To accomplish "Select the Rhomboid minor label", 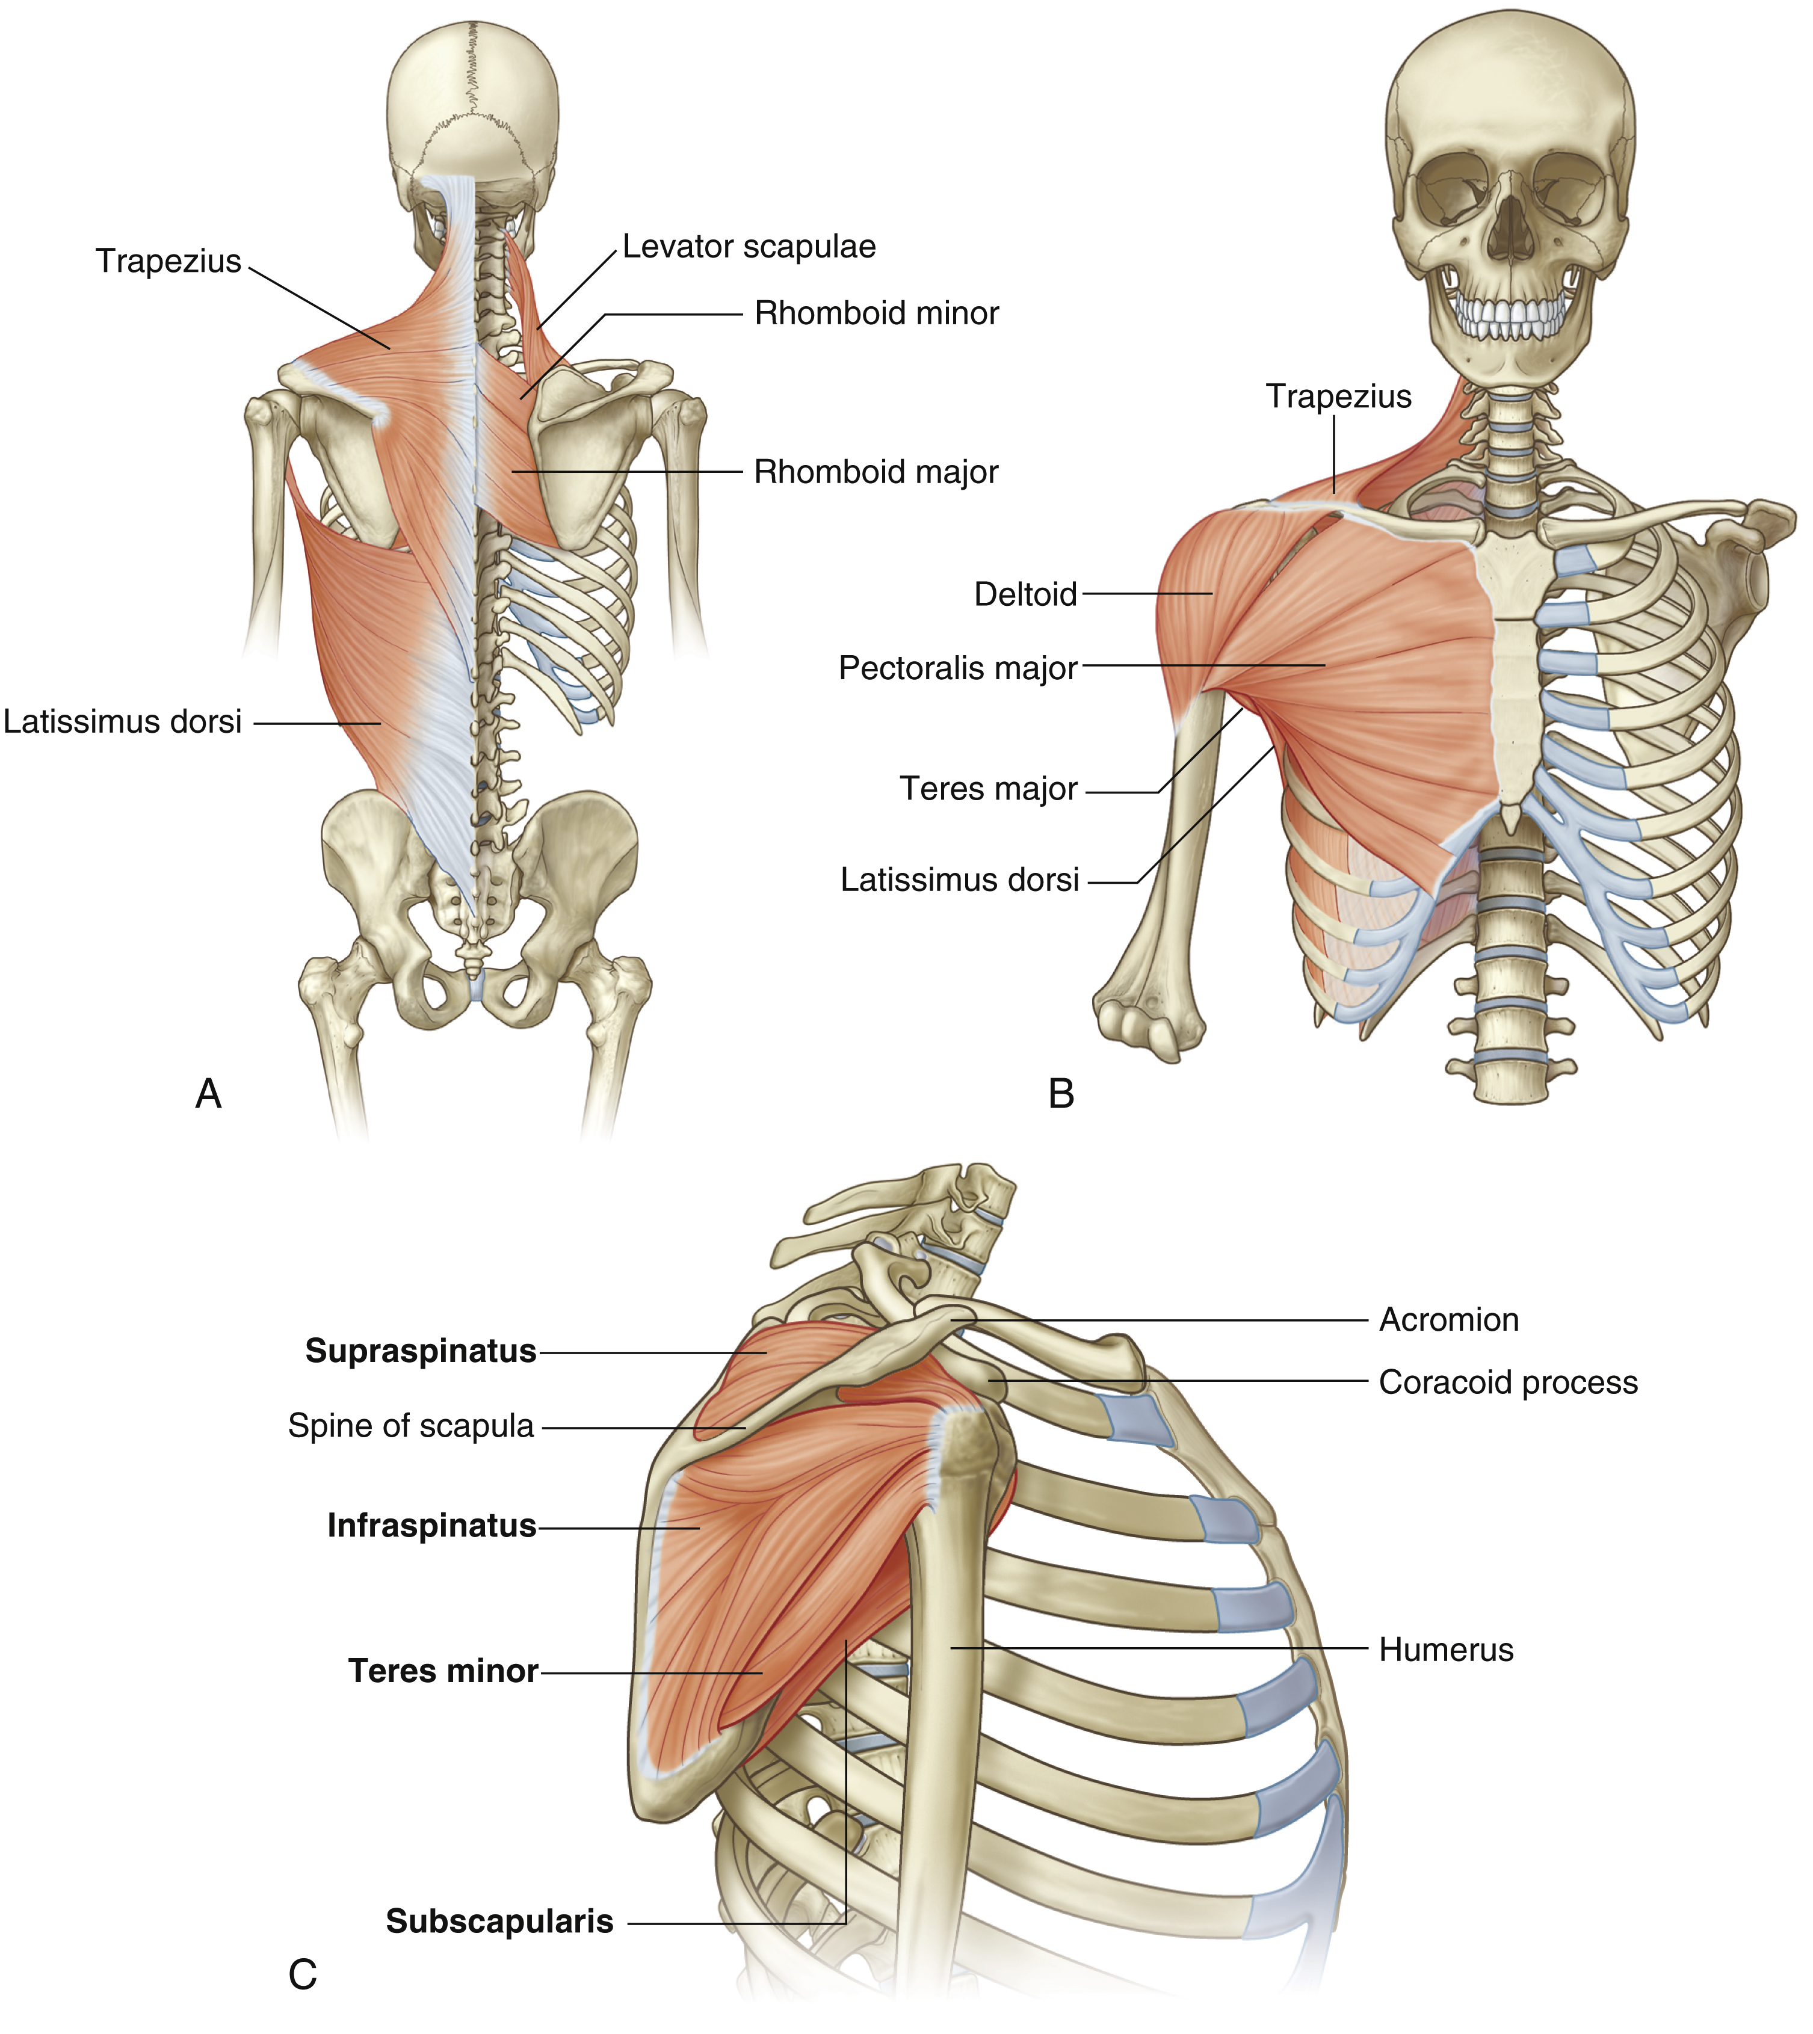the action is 876,314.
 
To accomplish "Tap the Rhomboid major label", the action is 875,472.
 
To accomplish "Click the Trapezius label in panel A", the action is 168,261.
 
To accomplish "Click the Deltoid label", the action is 1025,594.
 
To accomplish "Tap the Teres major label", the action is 988,789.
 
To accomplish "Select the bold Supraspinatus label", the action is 421,1351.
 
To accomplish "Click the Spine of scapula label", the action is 410,1425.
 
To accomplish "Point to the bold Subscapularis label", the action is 499,1920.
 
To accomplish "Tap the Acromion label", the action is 1448,1320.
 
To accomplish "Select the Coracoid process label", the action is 1507,1382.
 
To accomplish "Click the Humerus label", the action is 1445,1650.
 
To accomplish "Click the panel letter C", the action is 302,1973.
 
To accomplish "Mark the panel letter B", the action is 1061,1094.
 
